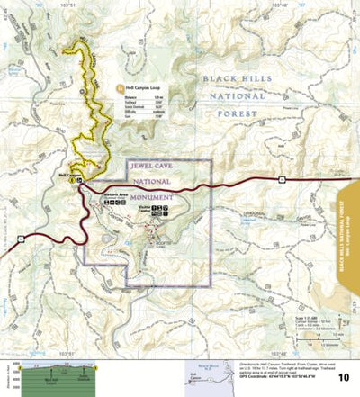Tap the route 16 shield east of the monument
[x=281, y=181]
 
